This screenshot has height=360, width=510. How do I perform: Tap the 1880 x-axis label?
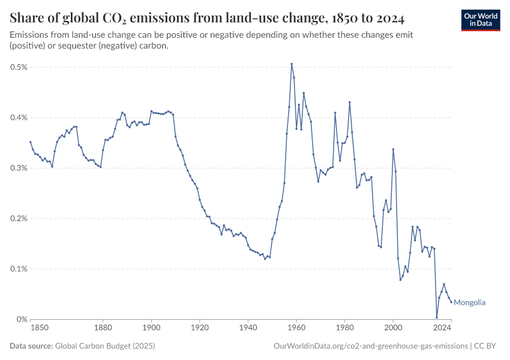click(x=103, y=328)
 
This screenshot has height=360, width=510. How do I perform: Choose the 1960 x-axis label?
click(x=296, y=328)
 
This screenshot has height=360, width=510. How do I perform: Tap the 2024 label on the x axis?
click(x=442, y=328)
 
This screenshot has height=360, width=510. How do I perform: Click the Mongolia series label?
click(x=469, y=302)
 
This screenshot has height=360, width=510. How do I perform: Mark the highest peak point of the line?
click(x=292, y=64)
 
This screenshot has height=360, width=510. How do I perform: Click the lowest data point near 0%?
click(x=437, y=317)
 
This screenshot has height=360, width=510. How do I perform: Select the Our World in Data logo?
click(x=481, y=20)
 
